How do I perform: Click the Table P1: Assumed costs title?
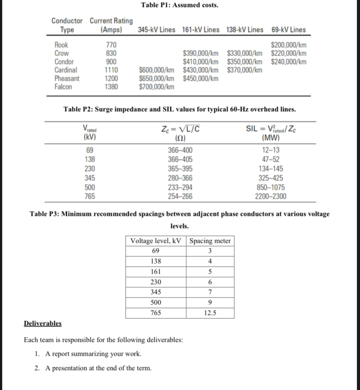tap(180, 5)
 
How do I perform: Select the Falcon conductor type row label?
tap(63, 86)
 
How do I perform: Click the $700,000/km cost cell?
tap(157, 86)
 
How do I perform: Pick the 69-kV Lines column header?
tap(288, 30)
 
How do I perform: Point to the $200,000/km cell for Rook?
tap(288, 45)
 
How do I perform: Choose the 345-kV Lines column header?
tap(157, 30)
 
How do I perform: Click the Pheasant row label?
tap(67, 78)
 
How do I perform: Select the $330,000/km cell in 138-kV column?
tap(245, 53)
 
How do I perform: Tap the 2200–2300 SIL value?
tap(270, 196)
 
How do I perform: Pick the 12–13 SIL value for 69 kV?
tap(270, 150)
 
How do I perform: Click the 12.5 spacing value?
tap(210, 313)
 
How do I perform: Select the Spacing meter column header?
tap(210, 241)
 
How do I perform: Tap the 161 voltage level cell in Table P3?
tap(156, 272)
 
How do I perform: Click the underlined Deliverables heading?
tap(42, 324)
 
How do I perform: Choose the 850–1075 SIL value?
tap(270, 187)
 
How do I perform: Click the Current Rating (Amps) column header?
tap(111, 25)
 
